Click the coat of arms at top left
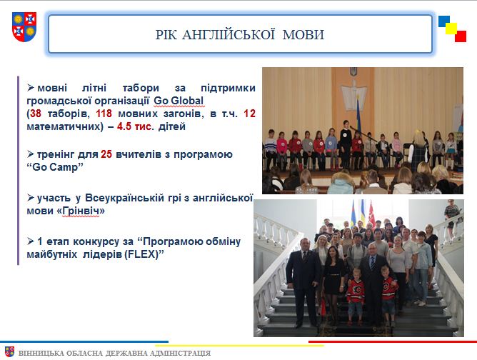point(24,26)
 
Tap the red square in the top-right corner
point(461,36)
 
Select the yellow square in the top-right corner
point(452,29)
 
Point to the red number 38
point(35,114)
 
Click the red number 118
point(104,114)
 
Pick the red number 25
point(106,154)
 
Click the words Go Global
point(179,101)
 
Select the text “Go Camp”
point(55,167)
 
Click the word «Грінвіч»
point(81,211)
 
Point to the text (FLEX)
point(142,254)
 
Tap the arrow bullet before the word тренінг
point(31,154)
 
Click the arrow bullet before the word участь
point(31,197)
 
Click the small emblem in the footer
point(9,351)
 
